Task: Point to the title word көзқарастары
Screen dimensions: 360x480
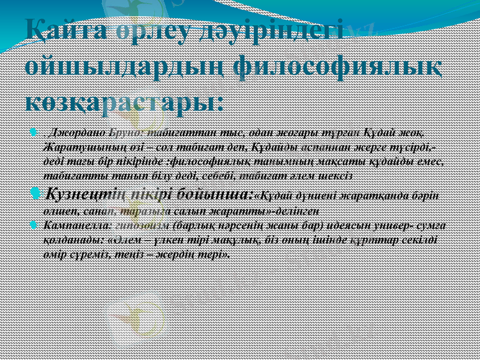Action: pos(125,99)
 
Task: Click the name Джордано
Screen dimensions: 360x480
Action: pos(79,131)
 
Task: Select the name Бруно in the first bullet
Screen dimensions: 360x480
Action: pos(125,131)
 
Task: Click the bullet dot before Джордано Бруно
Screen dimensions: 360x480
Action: pos(35,131)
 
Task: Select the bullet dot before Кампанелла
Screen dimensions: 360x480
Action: pos(35,226)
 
